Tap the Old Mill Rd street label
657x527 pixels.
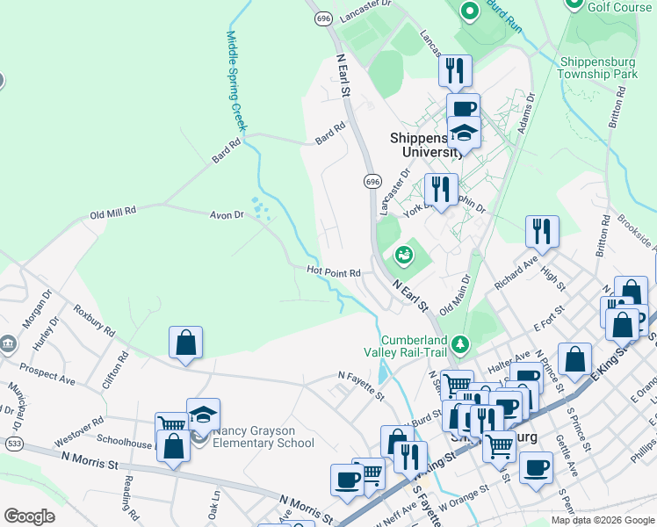point(113,212)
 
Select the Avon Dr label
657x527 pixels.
point(226,214)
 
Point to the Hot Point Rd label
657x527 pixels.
point(334,272)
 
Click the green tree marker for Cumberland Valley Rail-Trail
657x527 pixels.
point(458,342)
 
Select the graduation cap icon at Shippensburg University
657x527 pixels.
point(463,133)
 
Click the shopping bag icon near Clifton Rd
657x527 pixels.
point(185,343)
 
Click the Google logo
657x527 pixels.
point(30,516)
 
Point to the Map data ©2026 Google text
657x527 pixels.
point(603,520)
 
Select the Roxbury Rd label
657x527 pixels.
point(94,321)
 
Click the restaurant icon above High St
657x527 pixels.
point(542,232)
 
